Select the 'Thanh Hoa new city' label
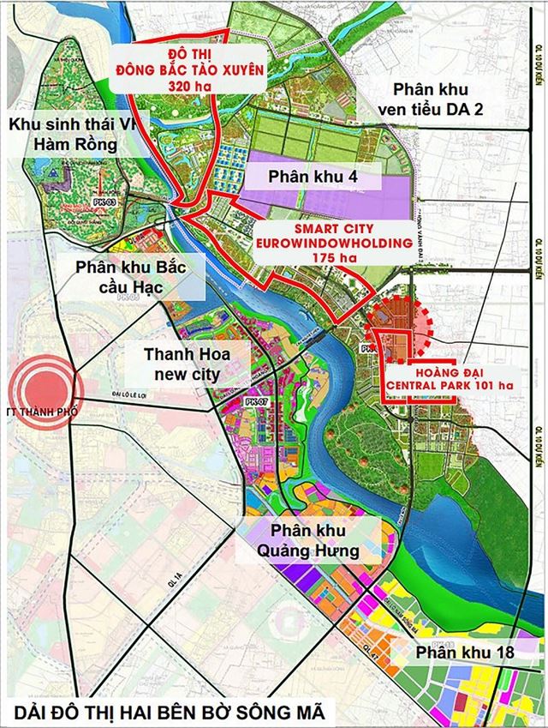pos(174,364)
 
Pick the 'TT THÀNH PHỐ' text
pos(39,412)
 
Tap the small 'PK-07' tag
pos(252,400)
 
